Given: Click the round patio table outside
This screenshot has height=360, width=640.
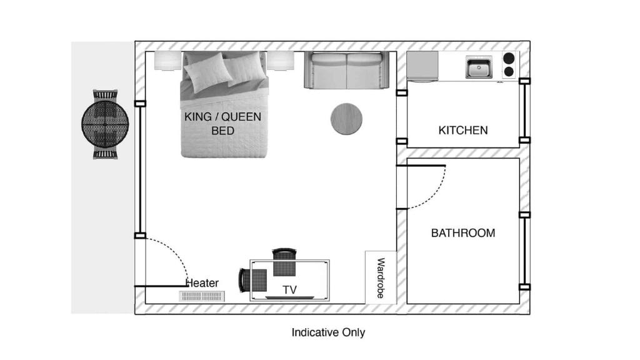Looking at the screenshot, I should [x=105, y=122].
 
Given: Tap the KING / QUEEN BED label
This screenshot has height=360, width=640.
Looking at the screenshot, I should [x=222, y=124].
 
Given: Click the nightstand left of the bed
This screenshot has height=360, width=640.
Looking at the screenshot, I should [x=167, y=61].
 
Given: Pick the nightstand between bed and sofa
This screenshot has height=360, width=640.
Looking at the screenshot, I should [x=281, y=61].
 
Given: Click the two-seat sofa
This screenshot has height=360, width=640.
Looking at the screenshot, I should [x=346, y=70].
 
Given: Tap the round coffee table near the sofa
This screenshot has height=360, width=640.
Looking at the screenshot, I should [x=346, y=119].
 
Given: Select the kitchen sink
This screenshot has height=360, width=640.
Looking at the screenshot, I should [x=479, y=67].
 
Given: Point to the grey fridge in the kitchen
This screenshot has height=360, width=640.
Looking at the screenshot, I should [x=422, y=66].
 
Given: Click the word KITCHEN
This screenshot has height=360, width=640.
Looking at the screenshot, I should [x=463, y=131].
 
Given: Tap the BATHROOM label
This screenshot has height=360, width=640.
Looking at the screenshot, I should [x=463, y=233].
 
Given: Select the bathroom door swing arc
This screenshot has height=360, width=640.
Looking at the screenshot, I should [x=437, y=192].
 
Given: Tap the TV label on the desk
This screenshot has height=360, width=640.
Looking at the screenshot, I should [x=289, y=290].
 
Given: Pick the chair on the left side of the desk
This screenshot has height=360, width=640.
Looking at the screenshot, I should [x=254, y=280].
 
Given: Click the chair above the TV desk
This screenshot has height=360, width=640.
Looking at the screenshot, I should [x=284, y=261].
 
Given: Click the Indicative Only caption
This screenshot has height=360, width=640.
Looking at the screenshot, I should [x=328, y=332].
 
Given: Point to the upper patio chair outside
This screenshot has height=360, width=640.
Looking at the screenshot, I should [x=105, y=95].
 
